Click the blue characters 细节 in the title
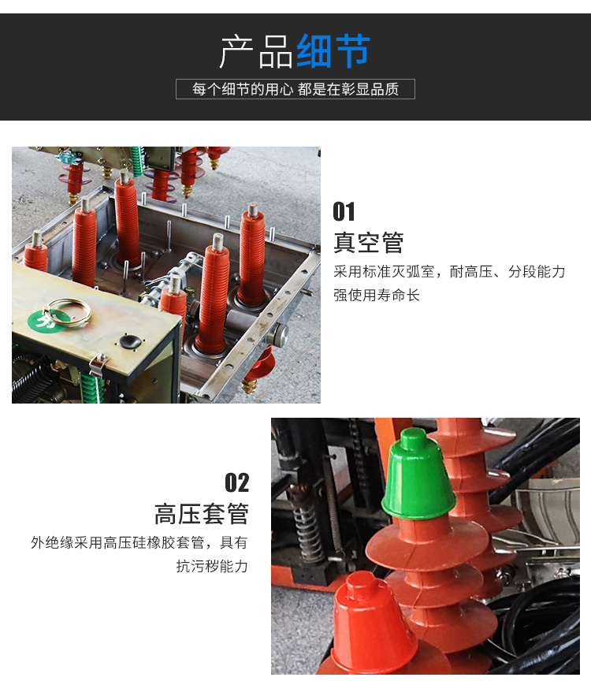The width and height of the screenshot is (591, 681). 333,51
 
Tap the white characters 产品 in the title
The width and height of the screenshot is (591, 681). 256,52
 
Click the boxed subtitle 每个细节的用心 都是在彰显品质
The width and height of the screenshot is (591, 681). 295,89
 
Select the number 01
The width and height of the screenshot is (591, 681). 344,211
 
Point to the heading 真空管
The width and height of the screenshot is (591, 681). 369,242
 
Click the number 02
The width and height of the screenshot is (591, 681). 237,482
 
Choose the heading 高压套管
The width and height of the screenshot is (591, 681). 202,514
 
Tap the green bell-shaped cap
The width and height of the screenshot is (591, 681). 418,474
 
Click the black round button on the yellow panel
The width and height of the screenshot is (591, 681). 130,342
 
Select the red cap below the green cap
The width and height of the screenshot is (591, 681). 371,625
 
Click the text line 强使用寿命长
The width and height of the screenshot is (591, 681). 377,296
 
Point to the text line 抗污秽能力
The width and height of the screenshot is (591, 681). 212,567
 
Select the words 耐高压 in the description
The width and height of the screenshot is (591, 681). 471,272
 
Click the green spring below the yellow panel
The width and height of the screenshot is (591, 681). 92,388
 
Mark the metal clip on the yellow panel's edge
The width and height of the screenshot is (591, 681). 98,363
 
